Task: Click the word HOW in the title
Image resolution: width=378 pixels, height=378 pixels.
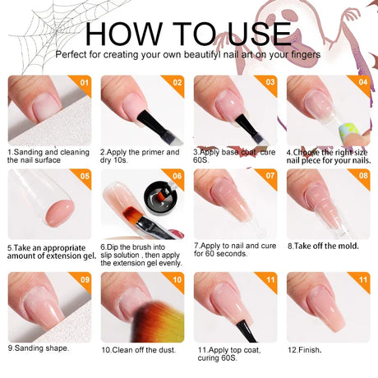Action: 124,34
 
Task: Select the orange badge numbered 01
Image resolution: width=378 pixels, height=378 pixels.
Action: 83,83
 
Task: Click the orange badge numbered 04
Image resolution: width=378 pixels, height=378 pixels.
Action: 362,83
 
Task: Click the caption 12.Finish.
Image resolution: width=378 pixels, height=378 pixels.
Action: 304,350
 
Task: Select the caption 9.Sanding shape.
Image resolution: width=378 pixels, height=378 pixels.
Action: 38,348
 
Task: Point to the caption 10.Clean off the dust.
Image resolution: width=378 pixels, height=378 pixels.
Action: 138,350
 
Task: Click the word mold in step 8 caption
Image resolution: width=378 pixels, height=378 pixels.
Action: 345,246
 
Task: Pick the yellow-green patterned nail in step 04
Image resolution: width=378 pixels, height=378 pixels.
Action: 348,131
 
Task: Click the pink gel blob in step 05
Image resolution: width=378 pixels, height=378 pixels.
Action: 61,213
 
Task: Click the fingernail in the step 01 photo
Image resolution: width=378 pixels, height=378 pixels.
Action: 46,108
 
